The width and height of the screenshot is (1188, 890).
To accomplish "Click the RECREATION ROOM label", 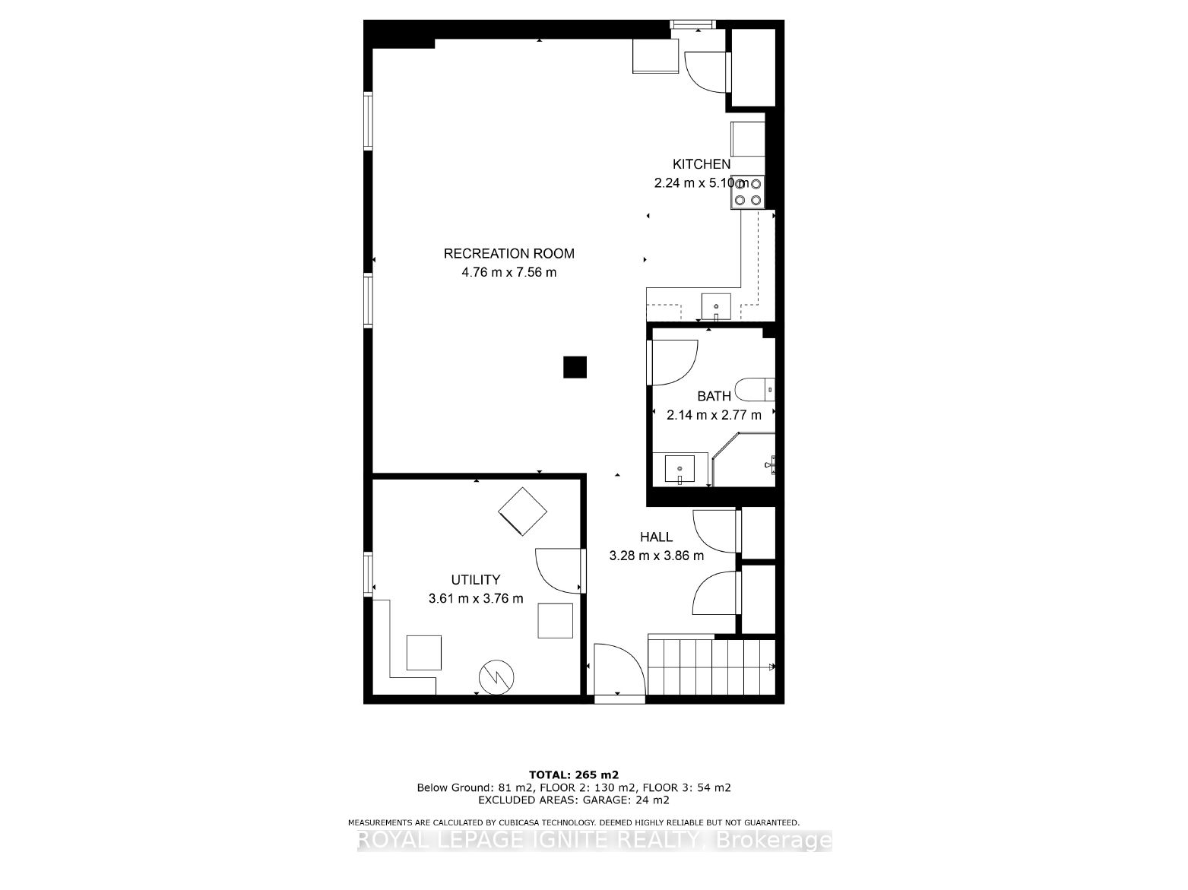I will click(508, 254).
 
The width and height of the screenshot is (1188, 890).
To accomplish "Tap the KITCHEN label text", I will click(701, 164).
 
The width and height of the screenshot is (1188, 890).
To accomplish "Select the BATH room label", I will click(714, 396).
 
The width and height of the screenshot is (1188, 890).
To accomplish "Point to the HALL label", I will click(656, 537).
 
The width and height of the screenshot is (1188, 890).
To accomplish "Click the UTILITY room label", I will click(475, 580).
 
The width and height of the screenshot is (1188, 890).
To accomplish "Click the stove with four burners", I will click(747, 192).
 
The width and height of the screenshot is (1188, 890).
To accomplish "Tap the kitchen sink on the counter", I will click(716, 306).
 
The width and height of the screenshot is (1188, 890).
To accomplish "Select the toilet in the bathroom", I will click(755, 389).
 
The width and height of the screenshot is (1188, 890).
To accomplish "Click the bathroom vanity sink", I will click(680, 468).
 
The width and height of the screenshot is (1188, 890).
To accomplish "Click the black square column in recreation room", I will click(575, 367).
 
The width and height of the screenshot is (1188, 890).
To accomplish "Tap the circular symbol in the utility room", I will click(496, 677).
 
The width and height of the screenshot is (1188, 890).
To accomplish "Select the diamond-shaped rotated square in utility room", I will click(522, 512).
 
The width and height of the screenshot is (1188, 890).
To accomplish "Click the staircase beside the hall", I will click(711, 667).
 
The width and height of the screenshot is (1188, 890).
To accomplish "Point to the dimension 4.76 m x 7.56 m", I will click(508, 272).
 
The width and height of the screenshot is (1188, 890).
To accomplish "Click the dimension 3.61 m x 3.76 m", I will click(476, 598).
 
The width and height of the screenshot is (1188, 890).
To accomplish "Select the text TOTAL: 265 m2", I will click(574, 775).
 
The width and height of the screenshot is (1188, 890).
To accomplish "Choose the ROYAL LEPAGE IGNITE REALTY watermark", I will click(594, 841).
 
